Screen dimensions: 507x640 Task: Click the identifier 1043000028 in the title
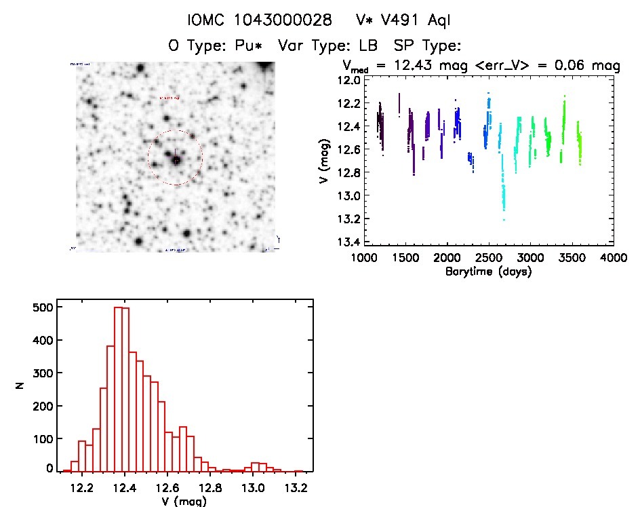tap(283, 20)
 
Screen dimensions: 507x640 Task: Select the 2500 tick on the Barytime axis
tap(488, 259)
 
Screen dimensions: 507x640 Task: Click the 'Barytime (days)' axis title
tap(488, 271)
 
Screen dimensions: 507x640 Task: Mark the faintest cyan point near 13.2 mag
tap(504, 219)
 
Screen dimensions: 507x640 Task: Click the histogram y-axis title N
tap(22, 386)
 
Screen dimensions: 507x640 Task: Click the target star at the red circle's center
tap(176, 160)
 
